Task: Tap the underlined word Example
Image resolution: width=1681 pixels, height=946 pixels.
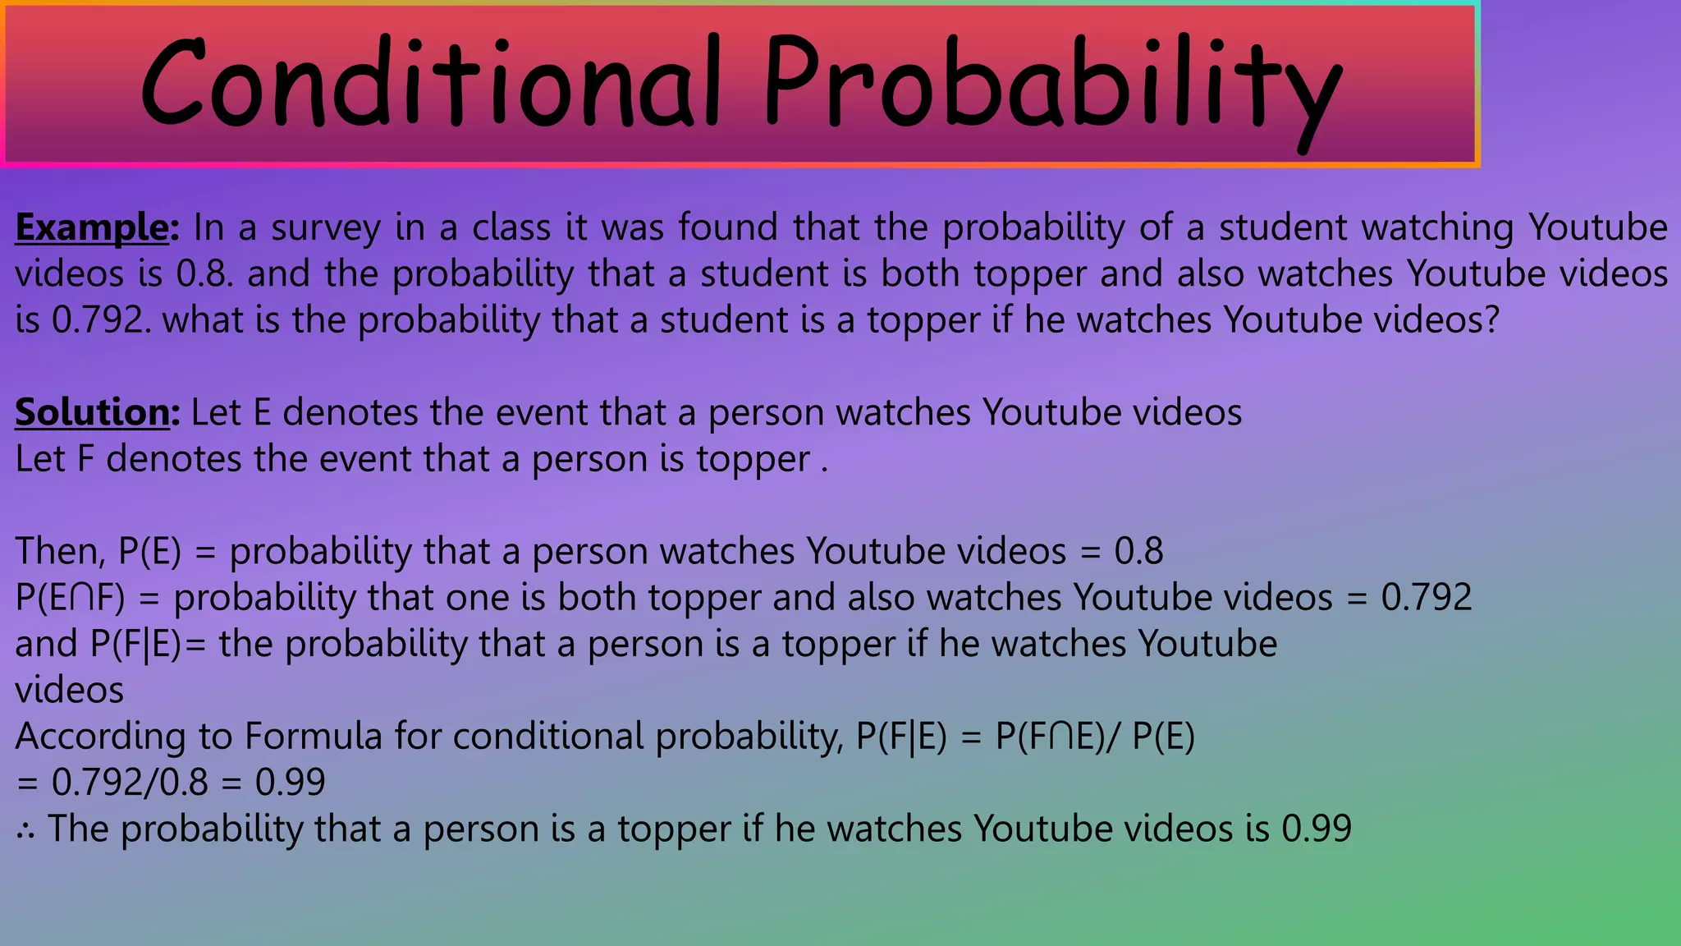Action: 92,227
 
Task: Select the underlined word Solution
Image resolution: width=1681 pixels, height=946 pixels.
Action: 93,412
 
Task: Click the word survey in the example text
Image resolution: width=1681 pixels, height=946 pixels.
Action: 326,227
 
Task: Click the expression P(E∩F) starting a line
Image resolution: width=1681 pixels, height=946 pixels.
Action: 71,597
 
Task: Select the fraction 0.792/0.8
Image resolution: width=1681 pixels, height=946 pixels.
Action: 130,782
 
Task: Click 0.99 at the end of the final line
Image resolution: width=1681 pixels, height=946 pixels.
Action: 1317,829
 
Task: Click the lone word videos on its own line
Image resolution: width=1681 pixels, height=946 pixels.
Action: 70,690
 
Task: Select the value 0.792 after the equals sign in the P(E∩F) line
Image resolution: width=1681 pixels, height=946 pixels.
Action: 1427,597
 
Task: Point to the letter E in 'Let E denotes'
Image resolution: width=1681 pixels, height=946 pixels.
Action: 262,412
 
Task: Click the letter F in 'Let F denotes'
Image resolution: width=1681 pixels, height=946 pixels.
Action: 85,459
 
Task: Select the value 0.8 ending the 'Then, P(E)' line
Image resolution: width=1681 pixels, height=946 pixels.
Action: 1138,551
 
